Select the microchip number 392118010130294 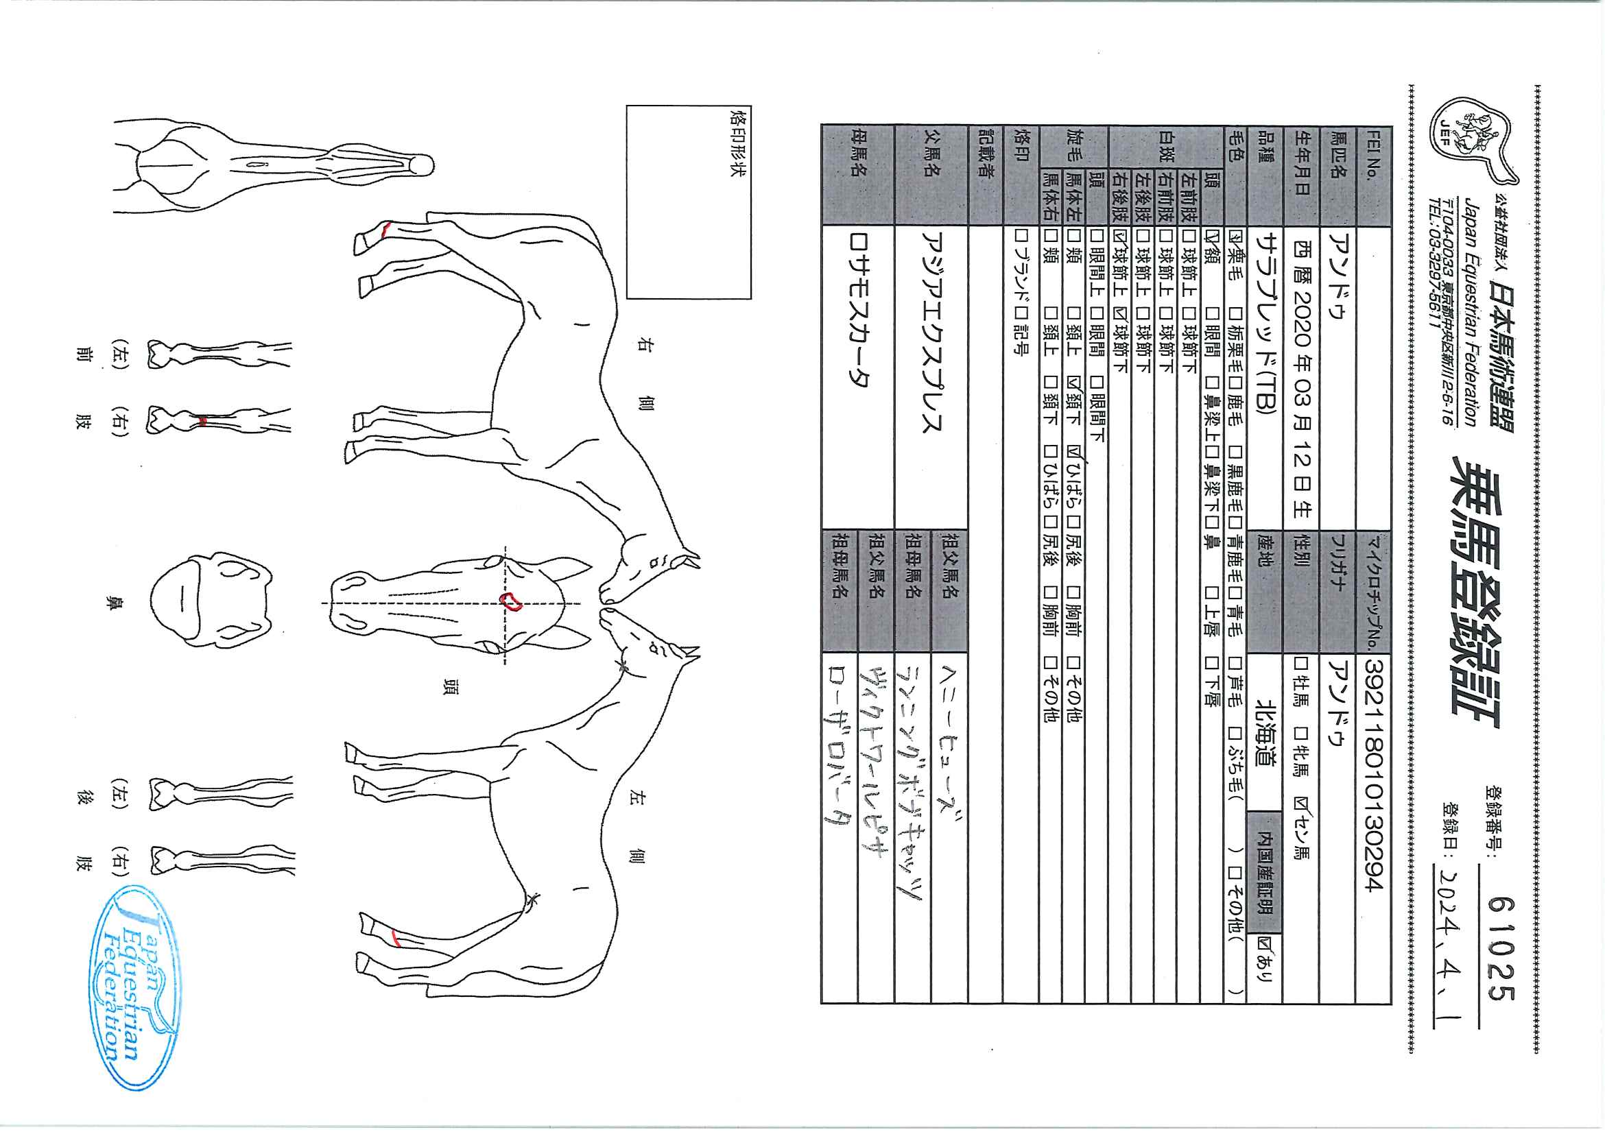[1372, 775]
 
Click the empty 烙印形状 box [688, 203]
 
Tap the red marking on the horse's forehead [512, 602]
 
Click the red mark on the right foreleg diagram [202, 420]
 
